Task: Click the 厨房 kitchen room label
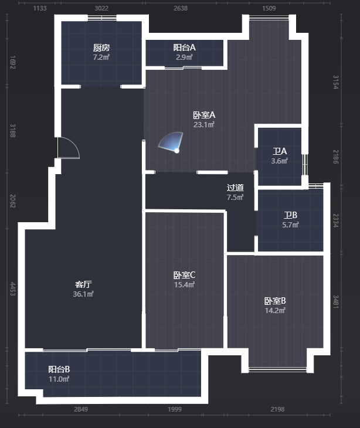click(101, 47)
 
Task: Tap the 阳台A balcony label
click(185, 47)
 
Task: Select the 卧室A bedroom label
click(204, 115)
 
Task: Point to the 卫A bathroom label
click(280, 151)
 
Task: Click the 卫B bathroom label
click(290, 215)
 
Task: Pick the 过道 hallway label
click(235, 188)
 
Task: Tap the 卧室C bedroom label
click(185, 275)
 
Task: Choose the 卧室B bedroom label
click(275, 301)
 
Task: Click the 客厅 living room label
click(83, 284)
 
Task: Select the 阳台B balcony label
click(59, 369)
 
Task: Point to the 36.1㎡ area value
click(83, 294)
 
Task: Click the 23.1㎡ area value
click(204, 125)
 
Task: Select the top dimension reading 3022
click(101, 8)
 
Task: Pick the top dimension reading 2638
click(181, 8)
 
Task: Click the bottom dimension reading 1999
click(175, 409)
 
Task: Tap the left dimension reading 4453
click(12, 289)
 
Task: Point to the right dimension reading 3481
click(336, 302)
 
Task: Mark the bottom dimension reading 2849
click(81, 409)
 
